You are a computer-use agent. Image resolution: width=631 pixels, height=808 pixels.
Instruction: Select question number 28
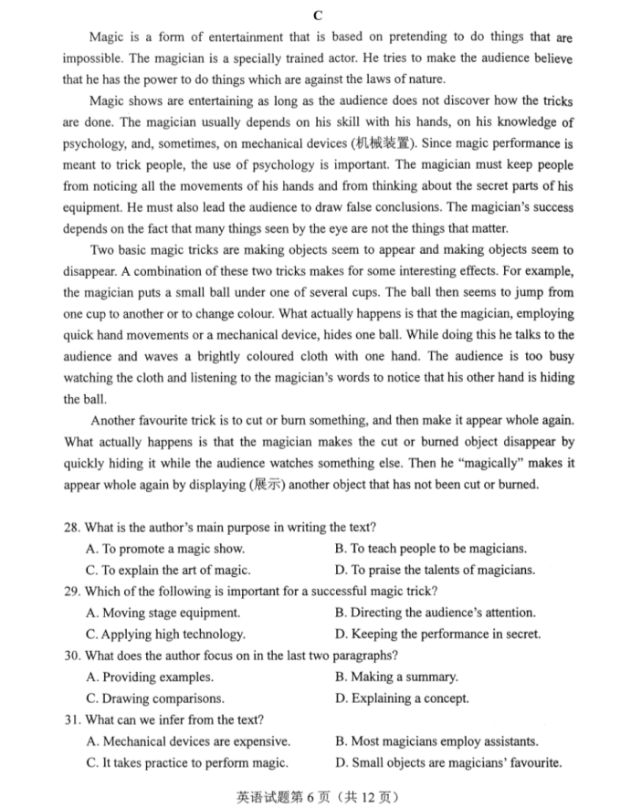pos(72,528)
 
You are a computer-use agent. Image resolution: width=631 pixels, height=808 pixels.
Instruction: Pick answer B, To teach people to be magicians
pos(431,550)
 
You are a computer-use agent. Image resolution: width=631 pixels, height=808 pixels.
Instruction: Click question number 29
pos(72,592)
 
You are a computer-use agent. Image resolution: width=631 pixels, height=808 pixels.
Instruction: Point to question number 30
pos(72,656)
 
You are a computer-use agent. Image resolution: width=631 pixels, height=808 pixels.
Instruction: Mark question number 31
pos(72,719)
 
